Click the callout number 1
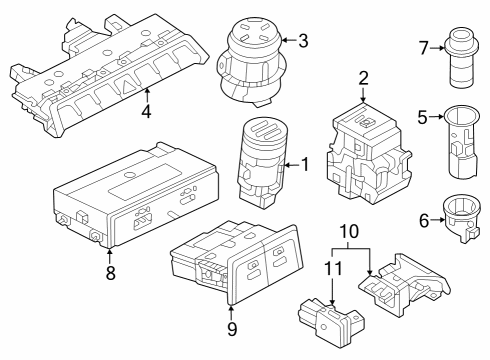[x=305, y=164]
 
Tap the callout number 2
[x=363, y=78]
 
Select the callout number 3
[x=303, y=41]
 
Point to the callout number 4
[x=146, y=111]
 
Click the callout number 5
[x=423, y=117]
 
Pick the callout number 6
[x=424, y=221]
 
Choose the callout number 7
[x=423, y=48]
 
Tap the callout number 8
[x=111, y=272]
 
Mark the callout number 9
[x=232, y=329]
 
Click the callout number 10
[x=349, y=231]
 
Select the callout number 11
[x=333, y=268]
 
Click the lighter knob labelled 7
[x=462, y=57]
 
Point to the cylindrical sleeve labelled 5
[x=462, y=142]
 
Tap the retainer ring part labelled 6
[x=462, y=218]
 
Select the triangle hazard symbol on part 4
[x=128, y=86]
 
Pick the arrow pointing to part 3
[x=289, y=40]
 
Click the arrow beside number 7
[x=437, y=48]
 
